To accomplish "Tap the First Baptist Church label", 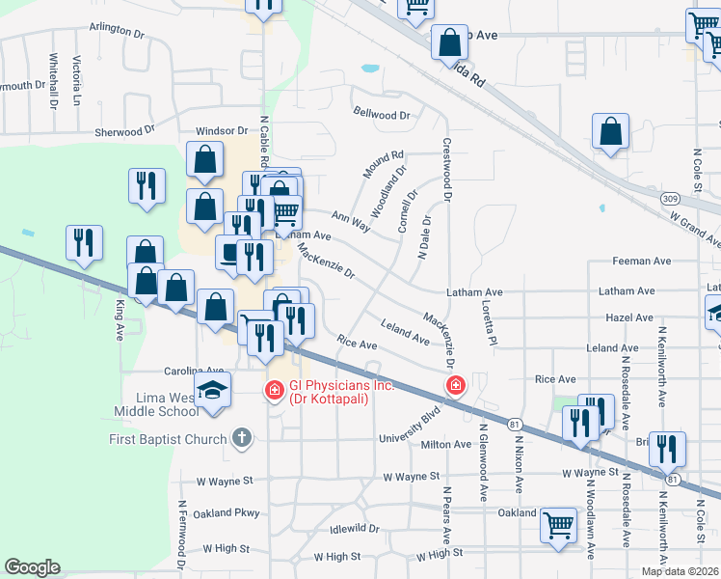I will point(166,439).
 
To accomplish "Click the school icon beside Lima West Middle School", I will point(212,390).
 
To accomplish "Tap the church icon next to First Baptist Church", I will point(242,439).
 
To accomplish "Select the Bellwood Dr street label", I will point(383,115).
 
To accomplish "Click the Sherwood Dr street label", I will point(124,130).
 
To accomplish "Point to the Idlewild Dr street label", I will point(354,528).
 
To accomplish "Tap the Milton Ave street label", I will point(446,445).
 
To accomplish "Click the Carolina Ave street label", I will point(193,370).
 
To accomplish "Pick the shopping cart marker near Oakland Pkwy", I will point(559,526).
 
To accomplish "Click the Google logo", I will point(33,567).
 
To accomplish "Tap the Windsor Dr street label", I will point(223,130).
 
